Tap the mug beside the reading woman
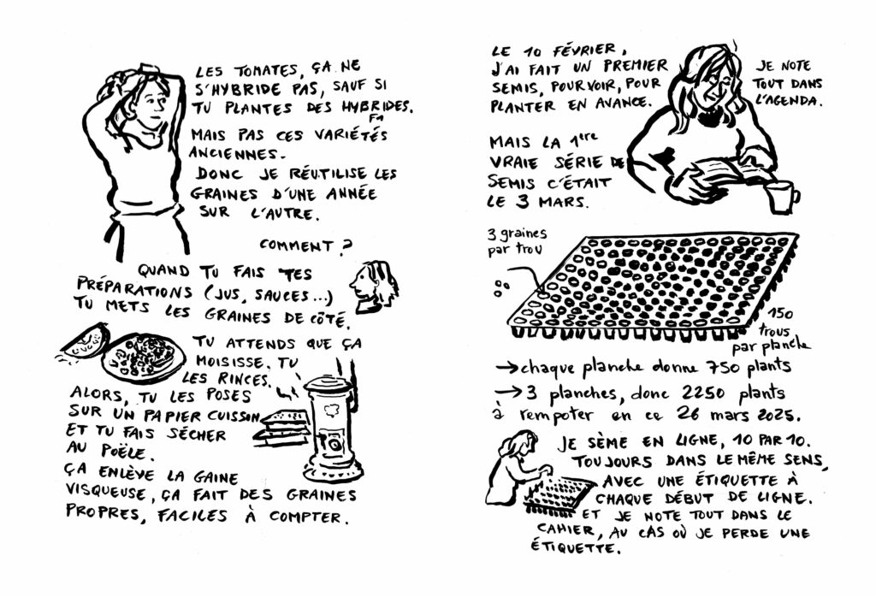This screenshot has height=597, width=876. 782,197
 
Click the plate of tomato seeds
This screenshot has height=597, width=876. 143,358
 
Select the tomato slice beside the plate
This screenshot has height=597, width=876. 84,342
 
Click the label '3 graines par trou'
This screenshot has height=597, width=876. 517,240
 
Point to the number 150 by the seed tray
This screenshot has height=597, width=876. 779,315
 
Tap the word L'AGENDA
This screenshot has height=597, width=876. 788,101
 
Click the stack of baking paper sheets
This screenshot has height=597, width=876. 282,429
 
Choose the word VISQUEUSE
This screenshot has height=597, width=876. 106,492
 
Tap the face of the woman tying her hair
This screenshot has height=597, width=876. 152,105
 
